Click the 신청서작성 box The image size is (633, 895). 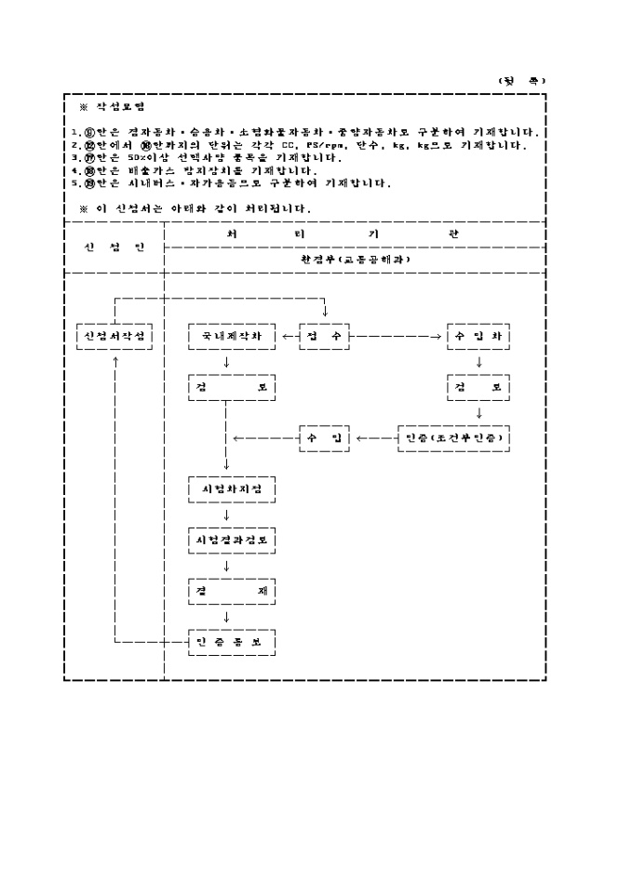click(x=114, y=335)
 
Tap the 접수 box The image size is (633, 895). click(x=324, y=335)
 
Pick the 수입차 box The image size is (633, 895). click(x=478, y=335)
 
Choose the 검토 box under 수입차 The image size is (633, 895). click(x=478, y=386)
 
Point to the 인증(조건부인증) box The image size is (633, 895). click(x=453, y=437)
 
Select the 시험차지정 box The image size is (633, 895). click(x=232, y=488)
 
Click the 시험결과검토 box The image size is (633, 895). click(x=232, y=540)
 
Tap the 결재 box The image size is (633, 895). click(x=232, y=591)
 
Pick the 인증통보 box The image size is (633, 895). click(x=232, y=642)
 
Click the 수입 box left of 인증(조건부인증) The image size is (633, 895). click(x=324, y=437)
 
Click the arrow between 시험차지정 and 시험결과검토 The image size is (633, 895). click(x=226, y=514)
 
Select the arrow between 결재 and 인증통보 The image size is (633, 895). click(x=226, y=616)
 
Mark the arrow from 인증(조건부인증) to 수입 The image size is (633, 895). click(x=372, y=437)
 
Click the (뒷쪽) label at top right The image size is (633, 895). click(x=521, y=80)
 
